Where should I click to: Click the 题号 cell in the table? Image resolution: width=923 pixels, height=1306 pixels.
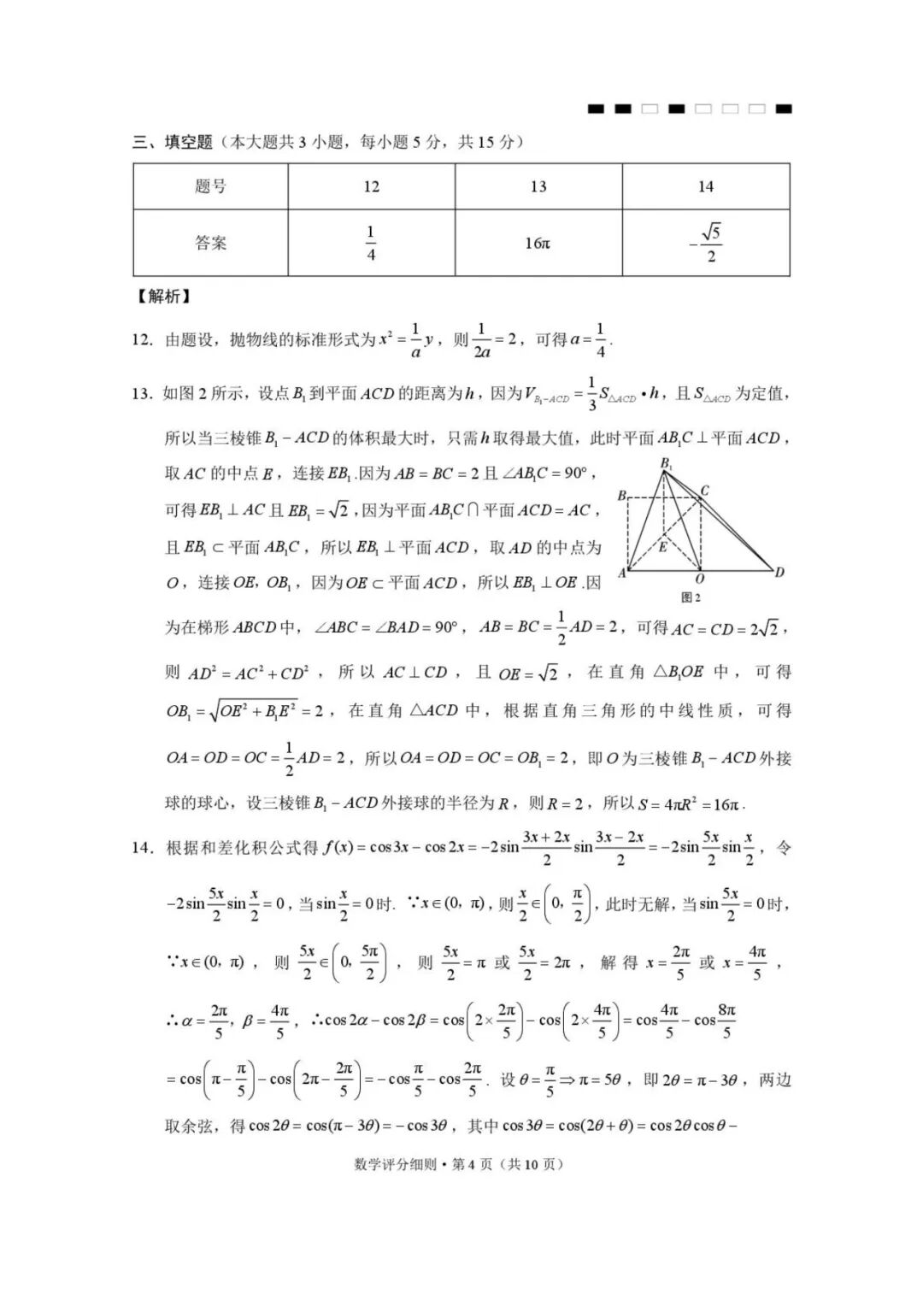[x=210, y=186]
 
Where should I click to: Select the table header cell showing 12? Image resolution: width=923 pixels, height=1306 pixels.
[x=371, y=186]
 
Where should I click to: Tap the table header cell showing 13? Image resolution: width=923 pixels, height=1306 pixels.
[x=538, y=186]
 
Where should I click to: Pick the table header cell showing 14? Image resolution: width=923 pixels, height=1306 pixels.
[x=705, y=186]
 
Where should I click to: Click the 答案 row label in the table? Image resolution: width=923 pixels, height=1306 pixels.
[x=210, y=243]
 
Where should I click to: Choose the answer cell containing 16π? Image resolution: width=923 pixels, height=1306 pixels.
[x=538, y=244]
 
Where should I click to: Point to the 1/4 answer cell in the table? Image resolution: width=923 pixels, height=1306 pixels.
[x=371, y=243]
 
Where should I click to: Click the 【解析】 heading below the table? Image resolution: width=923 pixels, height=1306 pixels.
[x=162, y=297]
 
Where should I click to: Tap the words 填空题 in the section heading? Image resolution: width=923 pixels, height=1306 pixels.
[x=188, y=142]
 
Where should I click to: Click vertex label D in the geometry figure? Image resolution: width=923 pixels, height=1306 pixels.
[x=779, y=572]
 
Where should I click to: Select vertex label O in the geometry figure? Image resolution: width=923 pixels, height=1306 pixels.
[x=700, y=579]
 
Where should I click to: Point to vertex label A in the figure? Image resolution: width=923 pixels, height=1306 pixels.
[x=621, y=573]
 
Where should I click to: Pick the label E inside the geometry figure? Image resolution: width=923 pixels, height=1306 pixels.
[x=662, y=546]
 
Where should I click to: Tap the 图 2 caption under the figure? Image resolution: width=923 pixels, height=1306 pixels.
[x=691, y=597]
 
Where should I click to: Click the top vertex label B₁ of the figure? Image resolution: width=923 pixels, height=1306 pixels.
[x=666, y=463]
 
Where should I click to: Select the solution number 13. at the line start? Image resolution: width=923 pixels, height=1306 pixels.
[x=142, y=393]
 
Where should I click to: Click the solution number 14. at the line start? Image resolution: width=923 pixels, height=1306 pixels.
[x=142, y=848]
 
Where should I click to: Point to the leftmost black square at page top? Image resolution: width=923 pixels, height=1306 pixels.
[x=597, y=109]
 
